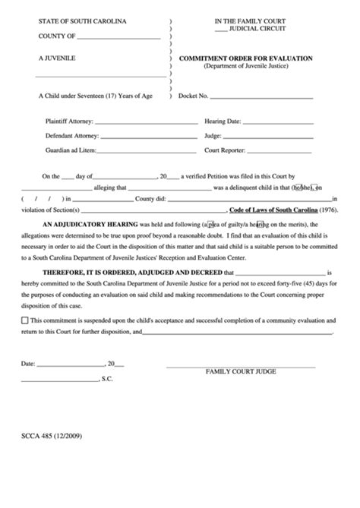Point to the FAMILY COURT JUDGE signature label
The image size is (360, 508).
240,371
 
